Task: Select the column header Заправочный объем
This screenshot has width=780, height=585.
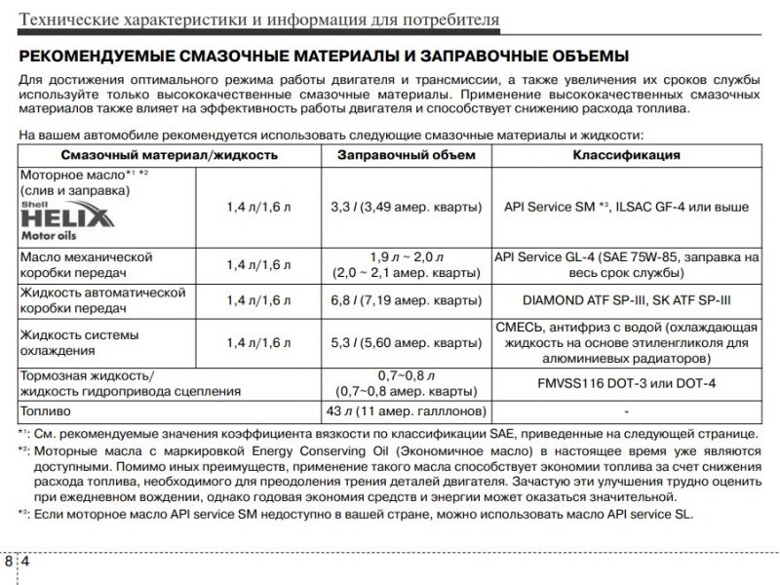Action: (x=406, y=155)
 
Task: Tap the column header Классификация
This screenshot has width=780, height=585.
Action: (x=626, y=155)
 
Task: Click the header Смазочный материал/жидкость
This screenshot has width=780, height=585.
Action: (x=170, y=155)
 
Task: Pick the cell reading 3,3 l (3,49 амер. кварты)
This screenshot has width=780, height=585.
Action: (x=406, y=207)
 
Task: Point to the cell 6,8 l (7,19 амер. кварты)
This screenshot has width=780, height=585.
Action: (x=406, y=299)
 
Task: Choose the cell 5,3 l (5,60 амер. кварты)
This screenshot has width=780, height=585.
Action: (x=406, y=342)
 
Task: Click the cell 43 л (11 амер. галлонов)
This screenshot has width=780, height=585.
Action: (x=406, y=410)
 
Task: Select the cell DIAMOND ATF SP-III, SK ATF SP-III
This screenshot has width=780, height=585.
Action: (x=626, y=299)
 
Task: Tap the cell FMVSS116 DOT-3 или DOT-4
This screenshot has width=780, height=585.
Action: (x=626, y=383)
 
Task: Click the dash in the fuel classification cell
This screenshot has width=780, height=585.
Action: (x=626, y=410)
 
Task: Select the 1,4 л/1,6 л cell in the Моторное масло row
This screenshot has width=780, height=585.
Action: (x=258, y=207)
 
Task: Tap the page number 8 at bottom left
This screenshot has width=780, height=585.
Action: (x=8, y=563)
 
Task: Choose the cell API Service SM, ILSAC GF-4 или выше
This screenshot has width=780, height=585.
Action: (x=626, y=207)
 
